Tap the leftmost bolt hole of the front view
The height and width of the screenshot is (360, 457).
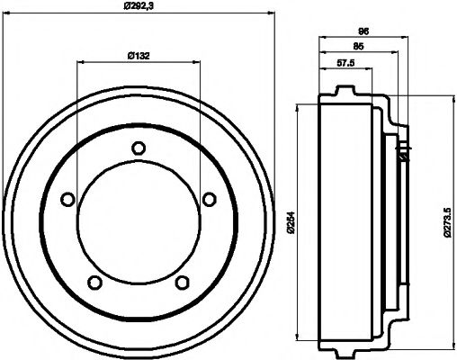point(67,201)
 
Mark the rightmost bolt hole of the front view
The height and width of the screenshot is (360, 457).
point(209,199)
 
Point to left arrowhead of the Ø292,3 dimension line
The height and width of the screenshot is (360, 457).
point(9,14)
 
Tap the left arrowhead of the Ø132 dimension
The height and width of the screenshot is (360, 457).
point(81,63)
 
